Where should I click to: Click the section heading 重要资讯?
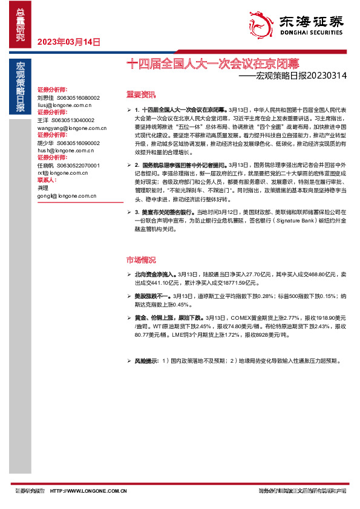[140, 94]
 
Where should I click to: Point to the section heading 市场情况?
[140, 260]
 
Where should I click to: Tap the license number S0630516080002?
[78, 97]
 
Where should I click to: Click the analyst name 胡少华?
[45, 143]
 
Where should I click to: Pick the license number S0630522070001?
[78, 165]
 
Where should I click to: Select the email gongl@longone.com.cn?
[64, 196]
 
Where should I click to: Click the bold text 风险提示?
[146, 361]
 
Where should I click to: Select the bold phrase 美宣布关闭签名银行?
[160, 213]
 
